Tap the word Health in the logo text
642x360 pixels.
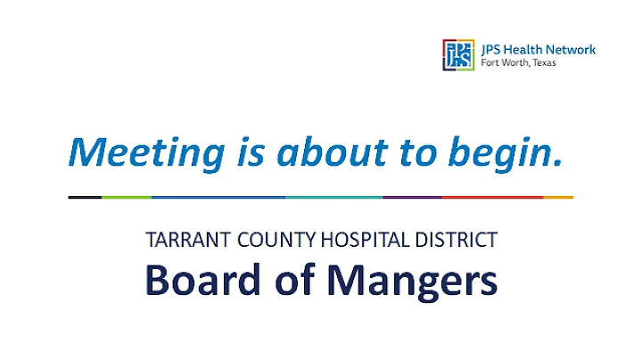click(x=518, y=49)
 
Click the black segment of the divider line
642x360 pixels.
click(x=85, y=197)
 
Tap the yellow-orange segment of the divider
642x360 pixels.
click(x=558, y=197)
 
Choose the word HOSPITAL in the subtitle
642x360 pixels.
click(x=365, y=240)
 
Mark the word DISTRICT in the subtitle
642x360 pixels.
click(x=455, y=240)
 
